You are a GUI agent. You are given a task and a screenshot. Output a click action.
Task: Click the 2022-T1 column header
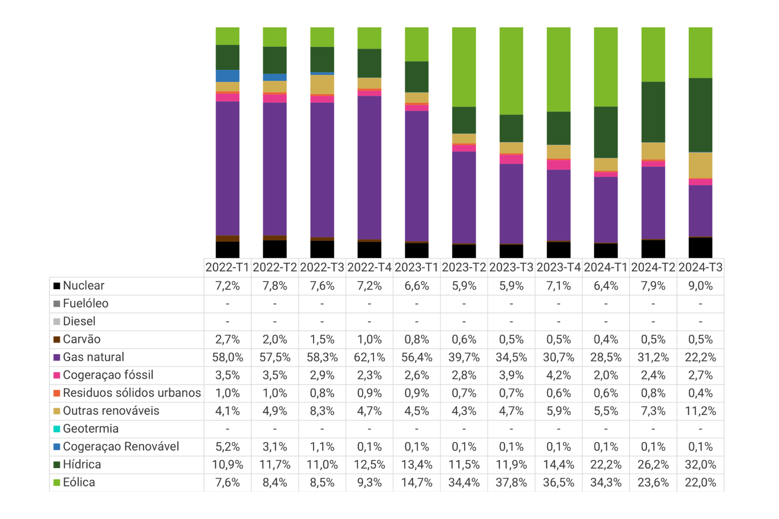[228, 268]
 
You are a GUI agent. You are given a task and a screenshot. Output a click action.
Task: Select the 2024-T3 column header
[701, 268]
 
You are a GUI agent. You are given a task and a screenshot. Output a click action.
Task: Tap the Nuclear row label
[84, 285]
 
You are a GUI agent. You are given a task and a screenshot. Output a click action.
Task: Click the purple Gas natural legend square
[57, 357]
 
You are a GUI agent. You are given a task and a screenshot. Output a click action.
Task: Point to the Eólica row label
[79, 482]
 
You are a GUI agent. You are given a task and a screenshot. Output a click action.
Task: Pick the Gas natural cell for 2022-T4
[369, 357]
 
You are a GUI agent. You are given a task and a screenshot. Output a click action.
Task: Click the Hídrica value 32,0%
[701, 464]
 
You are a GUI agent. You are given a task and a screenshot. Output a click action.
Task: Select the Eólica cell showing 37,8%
[511, 482]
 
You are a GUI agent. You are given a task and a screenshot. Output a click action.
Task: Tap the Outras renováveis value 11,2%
[701, 411]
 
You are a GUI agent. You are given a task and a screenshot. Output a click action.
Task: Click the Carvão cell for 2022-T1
[228, 339]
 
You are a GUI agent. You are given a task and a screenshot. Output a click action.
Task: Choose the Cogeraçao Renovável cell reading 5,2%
[228, 447]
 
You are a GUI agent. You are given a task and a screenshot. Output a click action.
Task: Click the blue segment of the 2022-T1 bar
[228, 76]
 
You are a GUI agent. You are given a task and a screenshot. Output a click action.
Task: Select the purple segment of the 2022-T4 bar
[369, 167]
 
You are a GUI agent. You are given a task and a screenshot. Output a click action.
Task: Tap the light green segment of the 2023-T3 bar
[511, 71]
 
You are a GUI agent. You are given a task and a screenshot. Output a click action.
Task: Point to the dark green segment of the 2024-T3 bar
[701, 115]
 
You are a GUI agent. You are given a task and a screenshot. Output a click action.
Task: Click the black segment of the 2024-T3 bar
[701, 248]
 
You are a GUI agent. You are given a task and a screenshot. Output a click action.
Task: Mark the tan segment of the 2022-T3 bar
[322, 84]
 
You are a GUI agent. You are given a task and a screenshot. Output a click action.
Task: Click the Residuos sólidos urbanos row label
[132, 393]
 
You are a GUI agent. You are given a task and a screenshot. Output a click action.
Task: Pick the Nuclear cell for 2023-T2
[464, 286]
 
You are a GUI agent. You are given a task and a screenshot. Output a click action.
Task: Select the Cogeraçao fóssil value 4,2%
[559, 375]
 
